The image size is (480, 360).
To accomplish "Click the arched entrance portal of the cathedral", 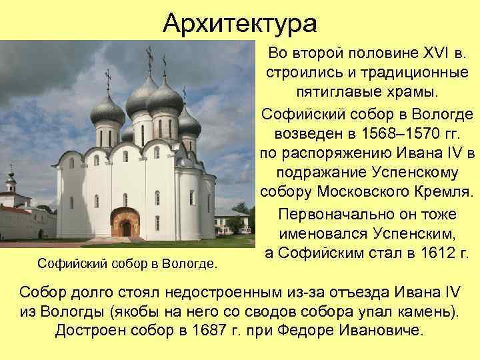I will (125, 223).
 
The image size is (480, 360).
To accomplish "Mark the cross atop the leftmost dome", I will (108, 79).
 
